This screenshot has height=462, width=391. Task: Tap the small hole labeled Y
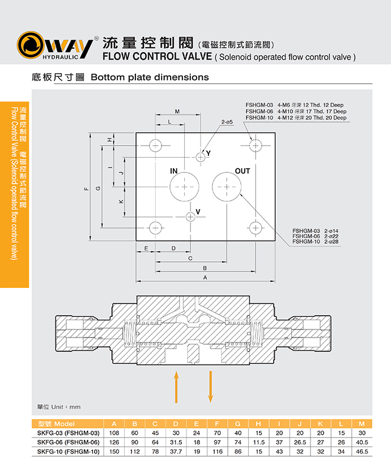[x=200, y=156]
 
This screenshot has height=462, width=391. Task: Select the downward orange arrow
[x=210, y=387]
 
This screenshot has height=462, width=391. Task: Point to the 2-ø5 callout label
[x=227, y=122]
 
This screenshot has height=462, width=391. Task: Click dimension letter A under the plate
[x=205, y=277]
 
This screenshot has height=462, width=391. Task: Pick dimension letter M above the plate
[x=177, y=111]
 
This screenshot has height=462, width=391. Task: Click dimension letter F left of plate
[x=86, y=189]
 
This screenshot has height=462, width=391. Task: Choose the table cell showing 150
[x=114, y=452]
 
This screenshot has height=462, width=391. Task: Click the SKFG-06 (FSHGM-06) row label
[x=68, y=442]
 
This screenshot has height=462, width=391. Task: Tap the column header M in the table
[x=362, y=424]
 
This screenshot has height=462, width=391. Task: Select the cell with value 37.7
[x=176, y=452]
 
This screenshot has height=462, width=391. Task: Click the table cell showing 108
[x=114, y=433]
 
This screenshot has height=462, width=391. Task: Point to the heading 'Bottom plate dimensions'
[x=150, y=77]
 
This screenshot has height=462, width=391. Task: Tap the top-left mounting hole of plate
[x=155, y=146]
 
